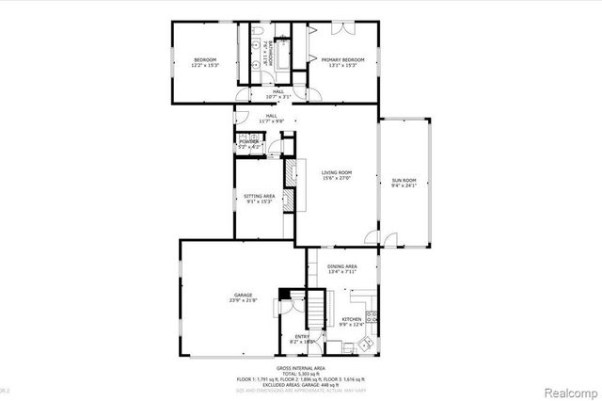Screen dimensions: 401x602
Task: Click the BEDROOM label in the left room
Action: [x=205, y=59]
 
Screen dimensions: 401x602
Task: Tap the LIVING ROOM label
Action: [x=337, y=172]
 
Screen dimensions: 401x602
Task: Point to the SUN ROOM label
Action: [x=403, y=179]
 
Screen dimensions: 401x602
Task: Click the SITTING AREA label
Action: [x=259, y=196]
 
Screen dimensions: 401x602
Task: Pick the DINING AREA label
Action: [x=342, y=266]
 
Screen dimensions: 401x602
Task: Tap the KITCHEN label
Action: [x=352, y=320]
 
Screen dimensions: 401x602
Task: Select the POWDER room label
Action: [x=248, y=141]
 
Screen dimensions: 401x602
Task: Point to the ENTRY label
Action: [x=302, y=336]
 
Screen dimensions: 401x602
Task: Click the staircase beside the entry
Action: [x=318, y=306]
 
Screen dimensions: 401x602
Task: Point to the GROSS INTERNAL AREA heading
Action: [x=301, y=367]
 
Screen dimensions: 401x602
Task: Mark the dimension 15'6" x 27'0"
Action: [x=337, y=179]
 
